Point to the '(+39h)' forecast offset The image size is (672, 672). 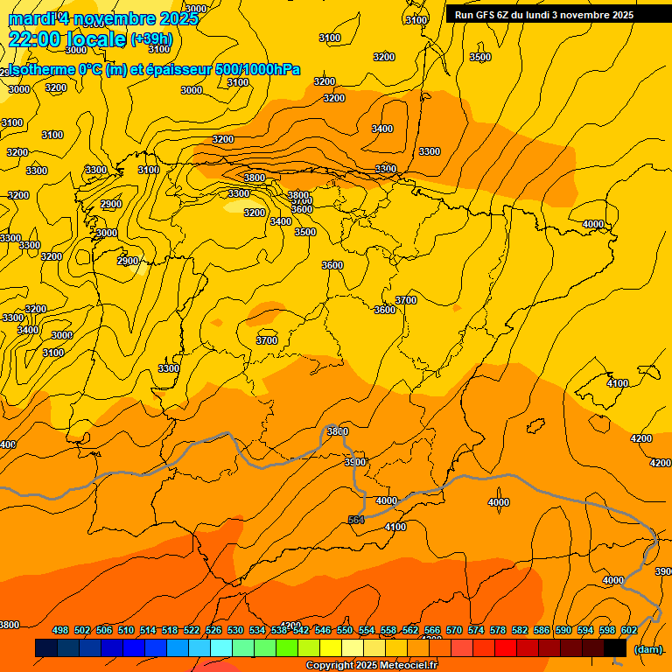tap(150, 39)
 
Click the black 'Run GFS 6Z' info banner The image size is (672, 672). tap(544, 14)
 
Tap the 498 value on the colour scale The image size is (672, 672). tap(60, 630)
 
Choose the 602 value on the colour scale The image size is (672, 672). tap(629, 630)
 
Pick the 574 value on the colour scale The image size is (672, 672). tap(476, 630)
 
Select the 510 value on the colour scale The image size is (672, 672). tap(126, 630)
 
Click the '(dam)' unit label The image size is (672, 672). tap(647, 648)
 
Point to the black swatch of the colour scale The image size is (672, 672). tap(615, 647)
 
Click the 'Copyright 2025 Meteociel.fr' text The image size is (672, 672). tap(371, 666)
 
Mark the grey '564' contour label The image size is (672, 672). tap(355, 520)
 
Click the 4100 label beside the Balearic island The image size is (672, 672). tap(618, 383)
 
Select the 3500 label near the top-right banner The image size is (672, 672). tap(480, 57)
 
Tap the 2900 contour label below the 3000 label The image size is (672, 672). tap(128, 261)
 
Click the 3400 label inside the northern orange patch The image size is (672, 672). tap(382, 129)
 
